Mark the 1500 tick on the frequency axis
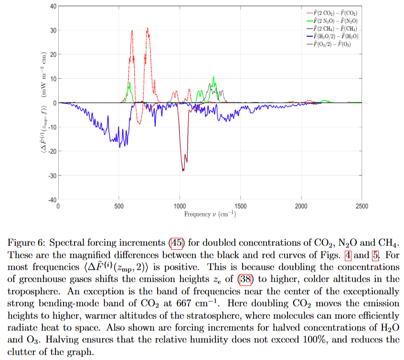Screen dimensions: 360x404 click(240, 206)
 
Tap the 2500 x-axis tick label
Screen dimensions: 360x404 click(361, 206)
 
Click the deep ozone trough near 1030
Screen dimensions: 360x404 click(183, 169)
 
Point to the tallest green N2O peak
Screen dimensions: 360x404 click(213, 77)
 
